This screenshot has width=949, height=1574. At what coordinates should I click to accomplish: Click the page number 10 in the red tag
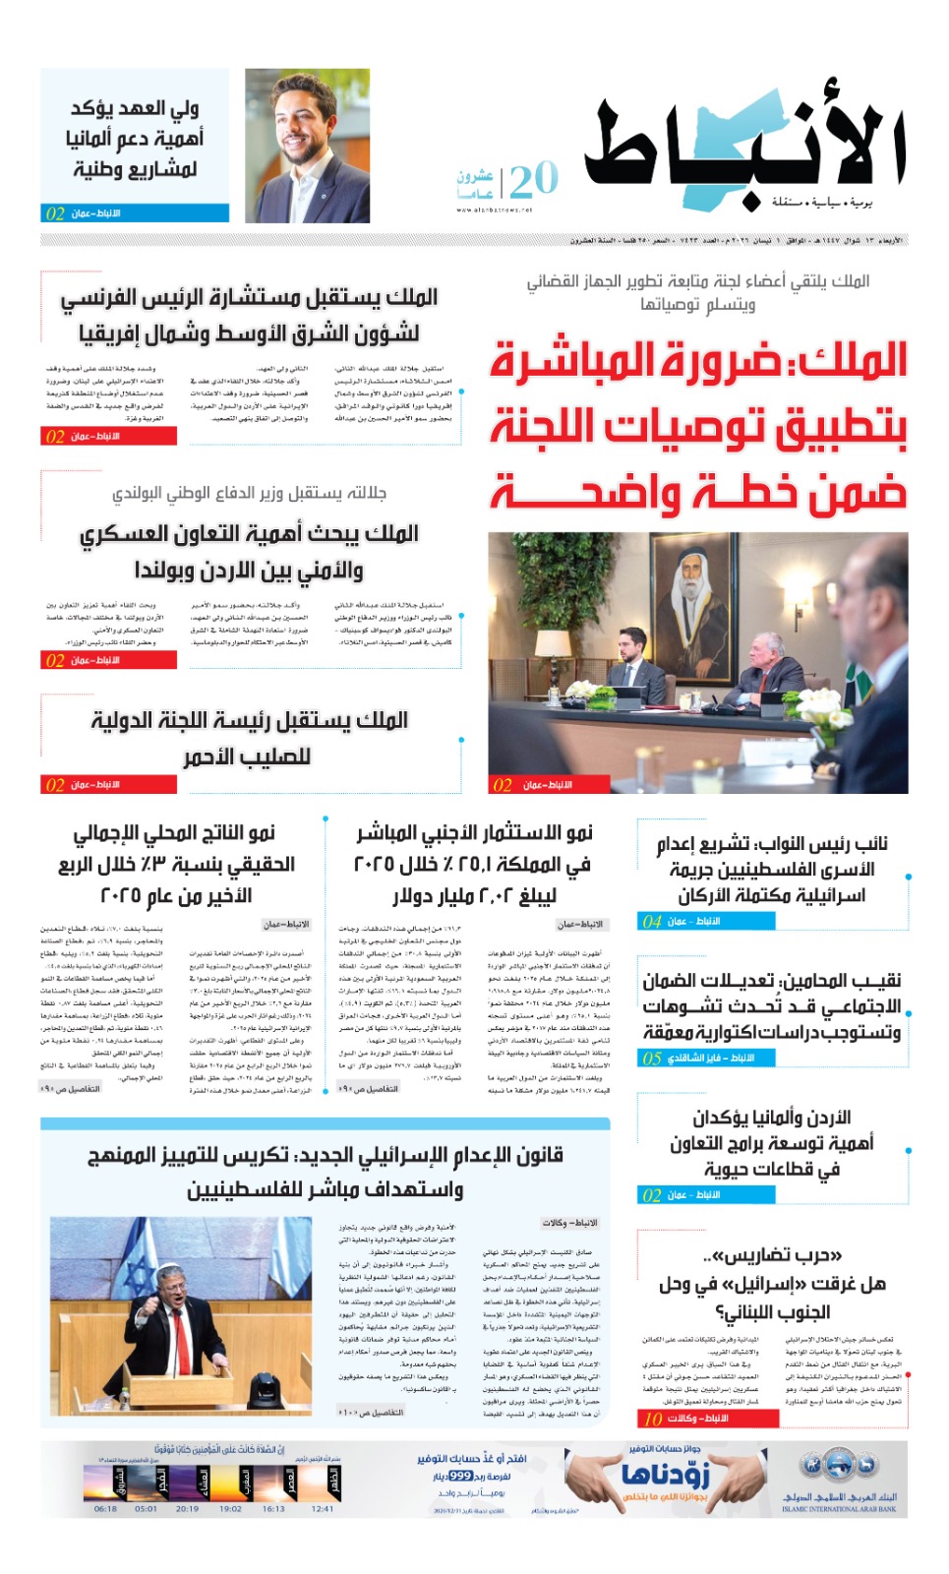[652, 1418]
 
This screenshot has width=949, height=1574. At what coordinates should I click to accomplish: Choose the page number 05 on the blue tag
[651, 1059]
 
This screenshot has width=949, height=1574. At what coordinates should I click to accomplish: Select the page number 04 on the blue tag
[651, 922]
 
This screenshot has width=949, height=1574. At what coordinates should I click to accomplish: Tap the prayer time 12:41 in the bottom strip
[322, 1508]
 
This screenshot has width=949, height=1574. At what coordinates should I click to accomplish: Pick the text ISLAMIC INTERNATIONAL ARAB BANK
[839, 1508]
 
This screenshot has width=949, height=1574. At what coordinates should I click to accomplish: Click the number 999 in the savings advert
[460, 1476]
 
